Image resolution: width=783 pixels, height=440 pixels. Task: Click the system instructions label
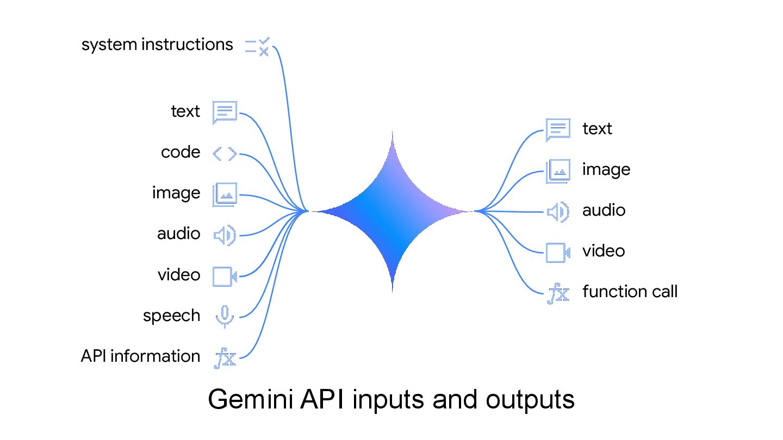click(157, 45)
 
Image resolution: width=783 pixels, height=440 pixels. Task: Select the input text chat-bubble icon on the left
click(225, 112)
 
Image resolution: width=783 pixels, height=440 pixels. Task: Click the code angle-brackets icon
click(225, 154)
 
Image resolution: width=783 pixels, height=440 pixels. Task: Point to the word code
click(181, 152)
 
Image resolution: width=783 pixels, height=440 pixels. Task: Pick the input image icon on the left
click(225, 194)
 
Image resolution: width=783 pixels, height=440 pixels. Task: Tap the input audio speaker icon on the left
click(225, 235)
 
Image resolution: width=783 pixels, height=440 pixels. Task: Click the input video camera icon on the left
click(225, 276)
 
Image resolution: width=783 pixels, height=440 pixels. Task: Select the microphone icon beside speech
click(225, 317)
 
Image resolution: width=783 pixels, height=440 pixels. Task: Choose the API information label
click(140, 356)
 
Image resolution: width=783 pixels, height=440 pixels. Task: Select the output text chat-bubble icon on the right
click(558, 130)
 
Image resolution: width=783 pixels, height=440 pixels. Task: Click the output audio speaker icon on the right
click(558, 212)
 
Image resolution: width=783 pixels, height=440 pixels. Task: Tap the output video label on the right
click(604, 251)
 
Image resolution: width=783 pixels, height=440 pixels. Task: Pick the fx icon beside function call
click(558, 293)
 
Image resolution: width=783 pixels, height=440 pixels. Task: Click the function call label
click(630, 292)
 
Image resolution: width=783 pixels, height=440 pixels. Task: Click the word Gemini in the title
click(251, 399)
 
